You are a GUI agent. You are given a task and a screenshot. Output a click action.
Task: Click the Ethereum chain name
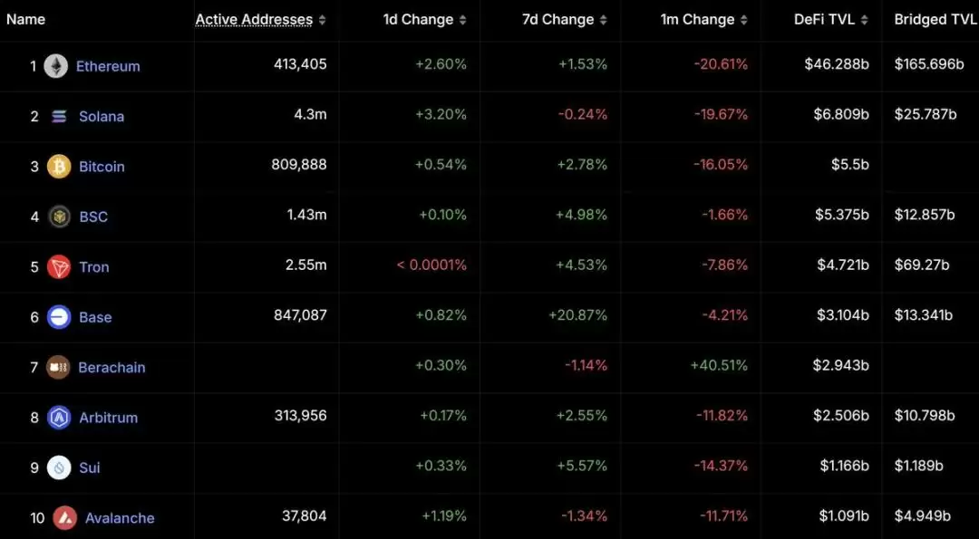(x=108, y=66)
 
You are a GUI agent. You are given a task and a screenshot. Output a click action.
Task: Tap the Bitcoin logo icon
(x=59, y=167)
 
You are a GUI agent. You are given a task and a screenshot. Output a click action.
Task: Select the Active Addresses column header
(x=254, y=20)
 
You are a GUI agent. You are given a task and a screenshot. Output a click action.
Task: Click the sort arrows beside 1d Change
(x=463, y=20)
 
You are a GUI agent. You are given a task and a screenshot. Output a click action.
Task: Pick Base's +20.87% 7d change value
(x=577, y=315)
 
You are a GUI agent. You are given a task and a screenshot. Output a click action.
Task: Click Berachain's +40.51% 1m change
(x=719, y=365)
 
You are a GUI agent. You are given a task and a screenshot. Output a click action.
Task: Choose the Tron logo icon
(x=59, y=267)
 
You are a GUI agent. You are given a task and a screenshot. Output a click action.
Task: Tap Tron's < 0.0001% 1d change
(x=431, y=265)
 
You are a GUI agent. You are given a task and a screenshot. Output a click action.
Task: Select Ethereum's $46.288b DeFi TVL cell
(x=837, y=64)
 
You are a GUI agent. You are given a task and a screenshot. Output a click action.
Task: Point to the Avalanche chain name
(x=120, y=518)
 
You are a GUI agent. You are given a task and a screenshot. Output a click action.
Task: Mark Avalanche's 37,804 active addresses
(x=304, y=515)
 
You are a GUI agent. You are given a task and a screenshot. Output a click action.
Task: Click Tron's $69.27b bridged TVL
(x=922, y=265)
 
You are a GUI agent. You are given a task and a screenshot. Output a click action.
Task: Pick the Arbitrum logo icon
(x=59, y=418)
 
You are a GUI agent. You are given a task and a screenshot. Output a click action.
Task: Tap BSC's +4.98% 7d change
(x=582, y=215)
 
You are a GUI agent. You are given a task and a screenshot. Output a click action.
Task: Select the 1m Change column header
(x=698, y=20)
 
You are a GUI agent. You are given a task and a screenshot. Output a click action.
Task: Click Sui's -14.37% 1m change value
(x=722, y=466)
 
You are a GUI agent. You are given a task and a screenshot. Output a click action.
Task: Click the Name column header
(x=25, y=20)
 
